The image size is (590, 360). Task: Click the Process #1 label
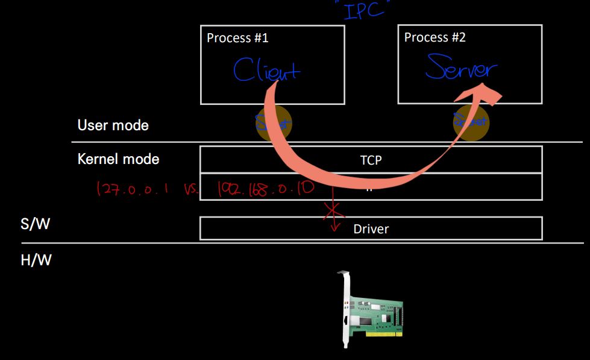[x=237, y=38]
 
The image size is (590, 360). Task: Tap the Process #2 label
[x=435, y=37]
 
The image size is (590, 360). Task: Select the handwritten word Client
[x=266, y=71]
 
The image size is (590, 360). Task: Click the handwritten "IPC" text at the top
[x=364, y=10]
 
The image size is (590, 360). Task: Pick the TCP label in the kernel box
[x=371, y=160]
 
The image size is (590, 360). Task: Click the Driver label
[x=371, y=229]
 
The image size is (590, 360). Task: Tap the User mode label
[x=113, y=125]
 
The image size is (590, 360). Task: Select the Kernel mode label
[x=118, y=159]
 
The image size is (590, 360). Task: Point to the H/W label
[x=36, y=261]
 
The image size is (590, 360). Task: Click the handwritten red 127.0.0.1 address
[x=134, y=189]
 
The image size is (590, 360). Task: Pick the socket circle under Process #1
[x=274, y=123]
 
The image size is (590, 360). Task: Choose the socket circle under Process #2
[x=471, y=122]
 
